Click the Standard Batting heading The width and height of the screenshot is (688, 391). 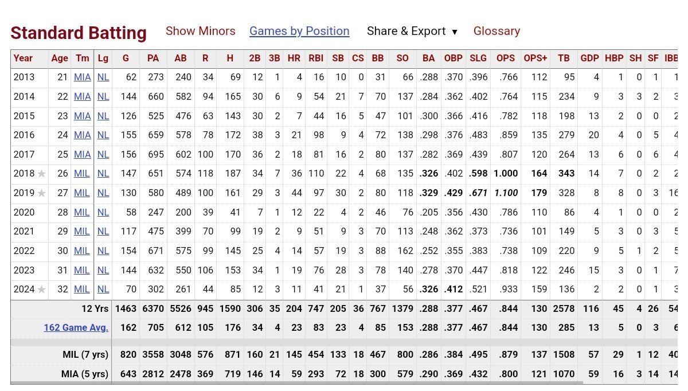pyautogui.click(x=79, y=33)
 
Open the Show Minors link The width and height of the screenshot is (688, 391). pyautogui.click(x=200, y=31)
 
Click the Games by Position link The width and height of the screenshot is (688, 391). pyautogui.click(x=299, y=31)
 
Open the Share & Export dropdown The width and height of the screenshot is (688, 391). pyautogui.click(x=412, y=31)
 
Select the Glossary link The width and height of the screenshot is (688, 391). pyautogui.click(x=497, y=31)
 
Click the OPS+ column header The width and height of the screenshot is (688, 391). pyautogui.click(x=535, y=58)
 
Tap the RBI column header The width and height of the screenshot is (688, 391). pyautogui.click(x=316, y=58)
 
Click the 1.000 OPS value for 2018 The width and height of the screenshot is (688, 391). pyautogui.click(x=506, y=174)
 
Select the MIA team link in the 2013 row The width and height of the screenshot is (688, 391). pyautogui.click(x=83, y=77)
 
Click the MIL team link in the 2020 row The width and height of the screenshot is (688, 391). pyautogui.click(x=82, y=212)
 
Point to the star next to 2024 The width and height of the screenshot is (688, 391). pyautogui.click(x=41, y=290)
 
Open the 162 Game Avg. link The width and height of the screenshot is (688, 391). pyautogui.click(x=76, y=328)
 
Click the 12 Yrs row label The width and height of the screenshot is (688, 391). pyautogui.click(x=95, y=308)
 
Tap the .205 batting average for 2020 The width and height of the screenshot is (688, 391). pyautogui.click(x=428, y=212)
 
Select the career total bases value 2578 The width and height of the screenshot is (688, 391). pyautogui.click(x=564, y=308)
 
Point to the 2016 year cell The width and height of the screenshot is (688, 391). pyautogui.click(x=24, y=135)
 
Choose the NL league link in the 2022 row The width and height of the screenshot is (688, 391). pyautogui.click(x=103, y=251)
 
